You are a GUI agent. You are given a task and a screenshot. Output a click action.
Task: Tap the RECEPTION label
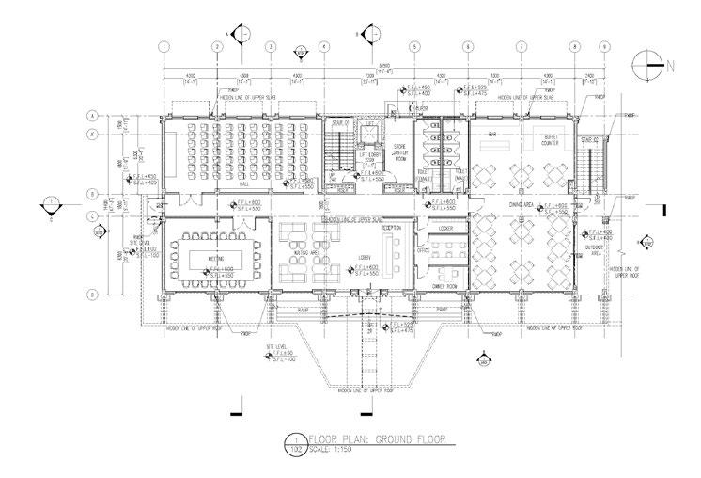391,227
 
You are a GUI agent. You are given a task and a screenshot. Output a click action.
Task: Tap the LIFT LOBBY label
369,159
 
